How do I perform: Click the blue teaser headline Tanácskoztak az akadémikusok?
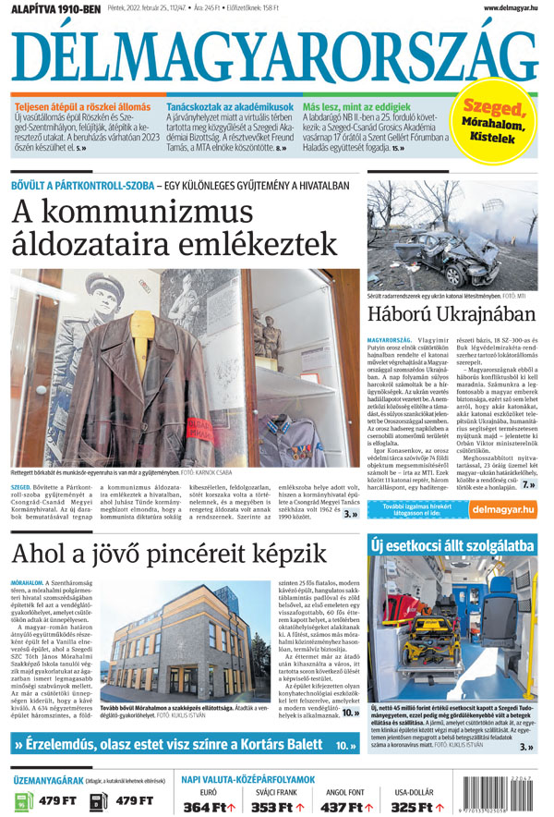point(231,107)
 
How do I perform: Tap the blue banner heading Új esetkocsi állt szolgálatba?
point(452,547)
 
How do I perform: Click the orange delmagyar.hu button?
point(503,508)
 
